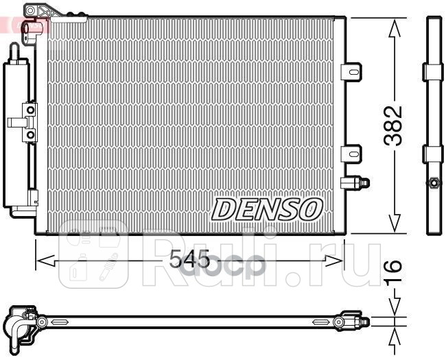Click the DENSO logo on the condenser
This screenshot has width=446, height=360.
click(267, 208)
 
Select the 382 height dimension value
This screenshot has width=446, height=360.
click(393, 125)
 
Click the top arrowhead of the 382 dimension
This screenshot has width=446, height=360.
click(394, 27)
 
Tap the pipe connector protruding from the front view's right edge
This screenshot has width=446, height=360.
click(357, 182)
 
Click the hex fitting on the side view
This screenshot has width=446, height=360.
click(434, 183)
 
